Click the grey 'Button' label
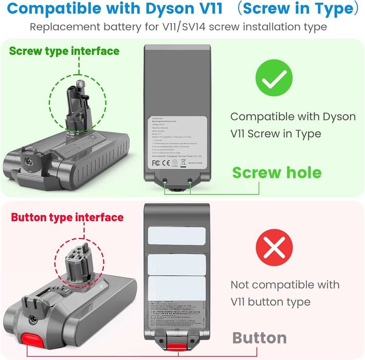click(x=260, y=338)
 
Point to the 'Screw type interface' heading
click(x=64, y=51)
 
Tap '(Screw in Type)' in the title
click(x=300, y=9)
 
